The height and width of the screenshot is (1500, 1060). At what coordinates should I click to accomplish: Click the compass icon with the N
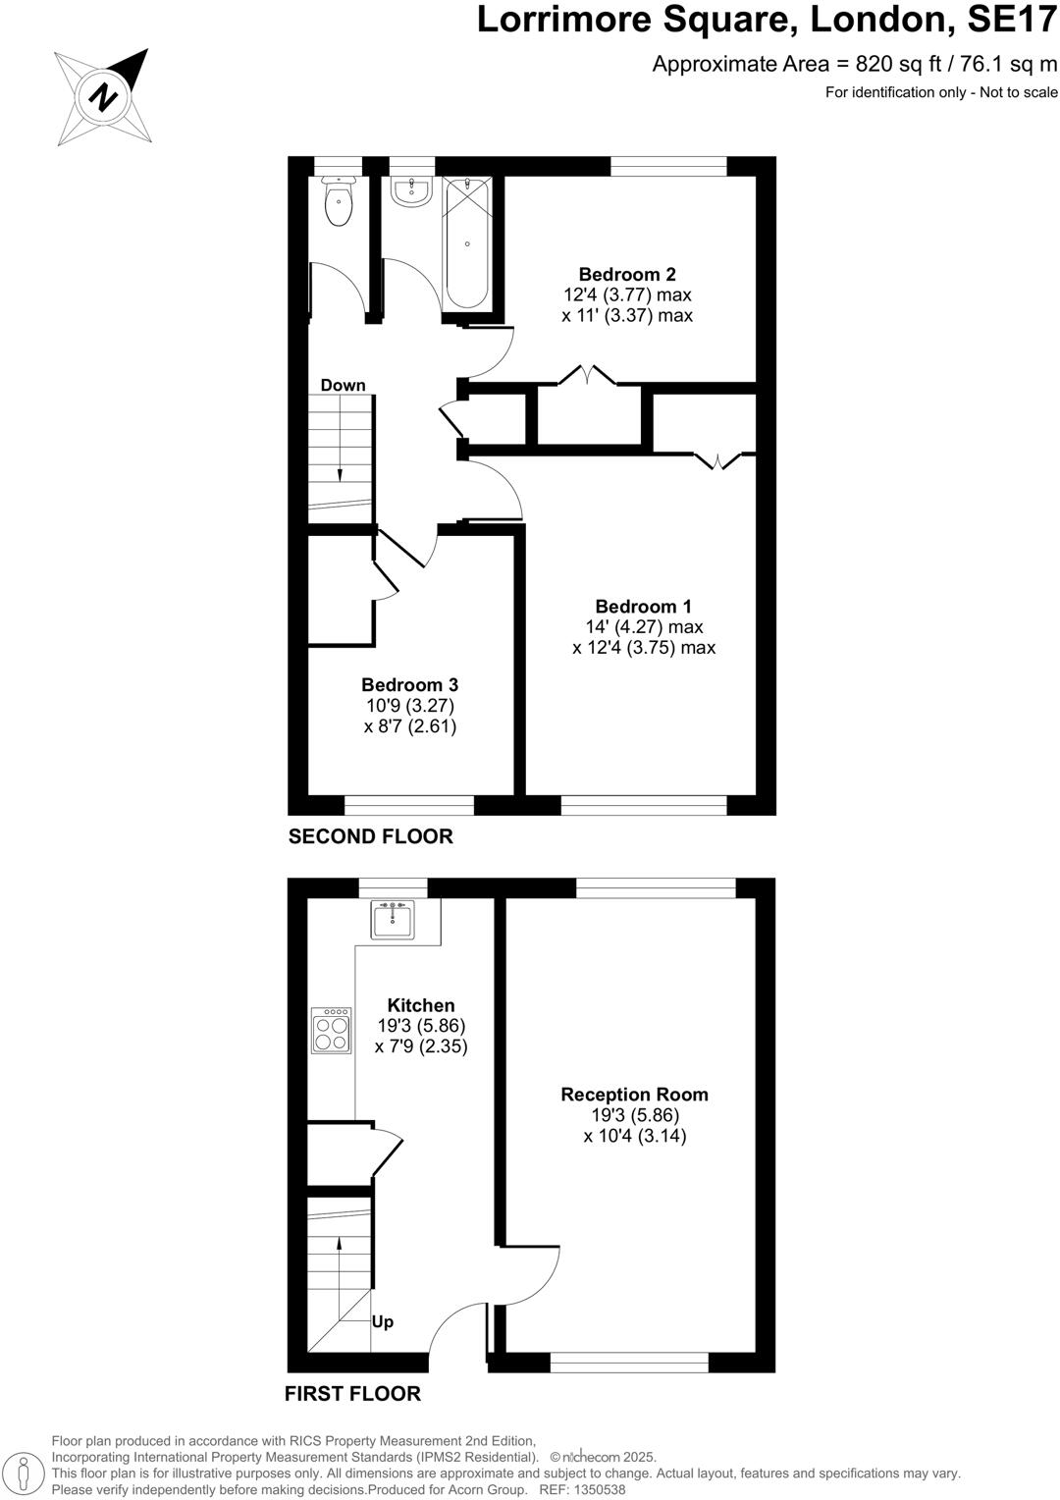pyautogui.click(x=103, y=97)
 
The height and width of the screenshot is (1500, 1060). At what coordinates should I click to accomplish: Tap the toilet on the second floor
pyautogui.click(x=338, y=204)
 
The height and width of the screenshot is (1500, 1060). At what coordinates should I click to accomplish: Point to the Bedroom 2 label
pyautogui.click(x=627, y=274)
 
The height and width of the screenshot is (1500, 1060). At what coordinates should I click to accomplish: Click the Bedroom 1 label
pyautogui.click(x=643, y=607)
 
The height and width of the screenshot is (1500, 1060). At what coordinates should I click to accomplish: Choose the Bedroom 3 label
pyautogui.click(x=409, y=685)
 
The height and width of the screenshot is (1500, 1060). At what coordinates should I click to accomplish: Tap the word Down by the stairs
pyautogui.click(x=343, y=385)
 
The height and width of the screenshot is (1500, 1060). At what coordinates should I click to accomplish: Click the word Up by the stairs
pyautogui.click(x=383, y=1321)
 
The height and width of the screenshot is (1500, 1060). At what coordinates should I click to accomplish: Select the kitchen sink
pyautogui.click(x=394, y=919)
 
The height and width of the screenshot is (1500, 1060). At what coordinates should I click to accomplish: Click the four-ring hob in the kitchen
pyautogui.click(x=331, y=1031)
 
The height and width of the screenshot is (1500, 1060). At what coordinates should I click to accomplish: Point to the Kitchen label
pyautogui.click(x=421, y=1005)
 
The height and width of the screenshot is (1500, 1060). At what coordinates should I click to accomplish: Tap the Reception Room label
pyautogui.click(x=634, y=1095)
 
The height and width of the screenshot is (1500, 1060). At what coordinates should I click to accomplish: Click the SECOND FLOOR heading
pyautogui.click(x=370, y=836)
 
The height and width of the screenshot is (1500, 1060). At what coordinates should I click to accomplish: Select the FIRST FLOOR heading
pyautogui.click(x=352, y=1393)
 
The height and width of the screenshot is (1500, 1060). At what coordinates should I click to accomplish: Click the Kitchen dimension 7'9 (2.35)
pyautogui.click(x=421, y=1046)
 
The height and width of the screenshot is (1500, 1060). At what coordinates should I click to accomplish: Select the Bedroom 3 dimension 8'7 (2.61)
pyautogui.click(x=409, y=726)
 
